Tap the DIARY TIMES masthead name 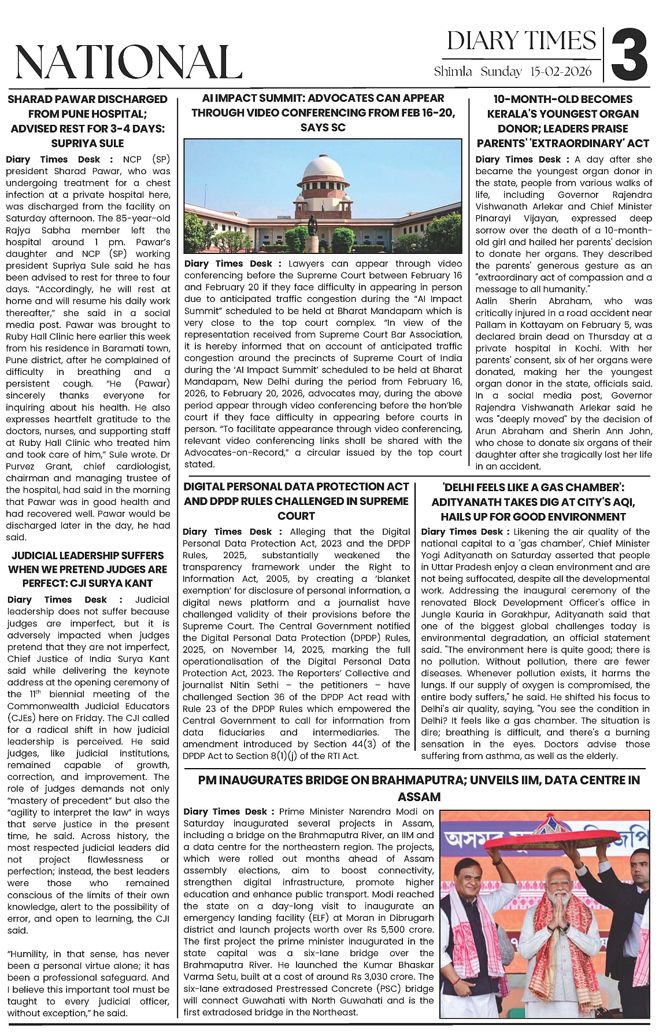521,41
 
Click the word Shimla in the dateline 453,72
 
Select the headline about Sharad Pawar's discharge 87,121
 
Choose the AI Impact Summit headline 323,112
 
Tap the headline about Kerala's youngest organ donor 563,121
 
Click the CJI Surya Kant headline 87,569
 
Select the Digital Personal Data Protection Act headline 296,501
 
